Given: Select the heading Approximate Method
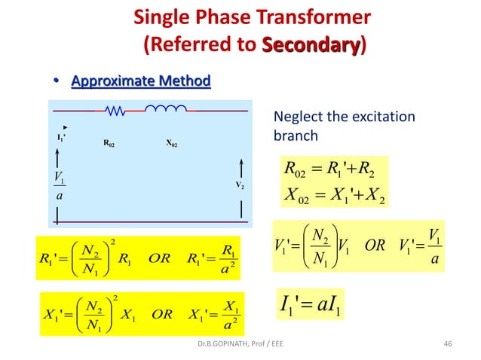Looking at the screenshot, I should point(141,81).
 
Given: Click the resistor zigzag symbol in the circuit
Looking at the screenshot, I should point(117,111).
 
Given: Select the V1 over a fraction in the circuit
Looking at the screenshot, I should point(60,184).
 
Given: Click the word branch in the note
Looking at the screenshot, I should point(295,136).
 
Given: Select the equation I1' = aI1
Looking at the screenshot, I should point(314,307).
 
